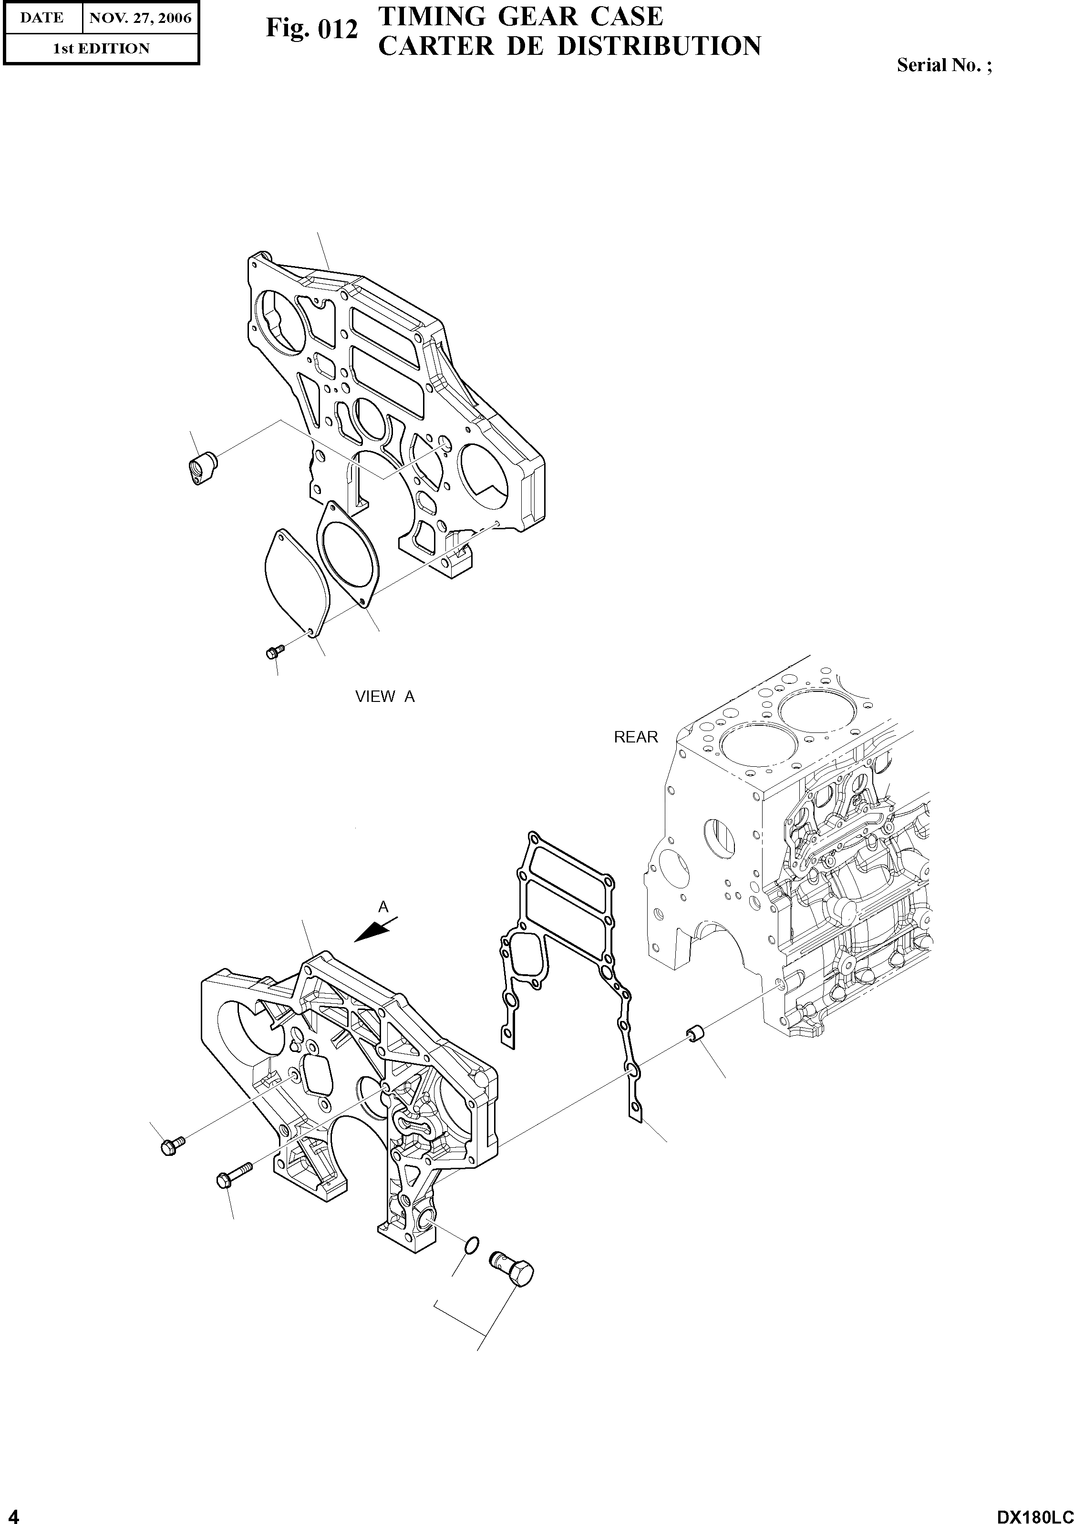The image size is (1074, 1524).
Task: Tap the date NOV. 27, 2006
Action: (140, 18)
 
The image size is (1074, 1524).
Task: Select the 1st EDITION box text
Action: (101, 49)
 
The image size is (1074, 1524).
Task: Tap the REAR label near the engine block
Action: (635, 737)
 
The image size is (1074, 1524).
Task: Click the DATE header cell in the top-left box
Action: (42, 18)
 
